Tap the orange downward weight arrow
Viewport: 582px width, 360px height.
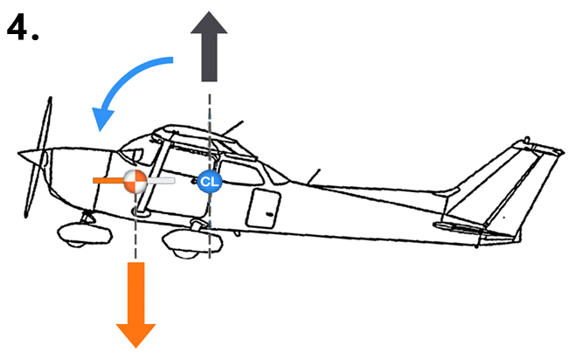point(135,301)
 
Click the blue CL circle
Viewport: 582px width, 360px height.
point(209,181)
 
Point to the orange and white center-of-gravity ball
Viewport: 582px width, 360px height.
point(135,181)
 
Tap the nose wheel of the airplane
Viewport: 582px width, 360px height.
point(78,233)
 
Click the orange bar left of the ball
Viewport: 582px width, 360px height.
point(108,181)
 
